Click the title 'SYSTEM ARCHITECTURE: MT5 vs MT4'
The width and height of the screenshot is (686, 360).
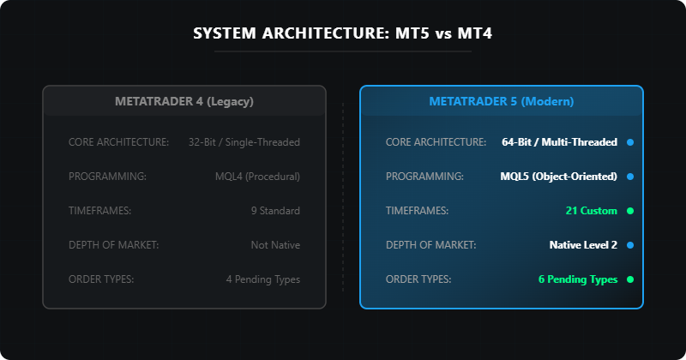pos(342,34)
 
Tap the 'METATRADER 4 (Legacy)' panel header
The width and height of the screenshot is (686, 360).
pos(184,101)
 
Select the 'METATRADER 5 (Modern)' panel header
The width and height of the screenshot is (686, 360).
pos(501,101)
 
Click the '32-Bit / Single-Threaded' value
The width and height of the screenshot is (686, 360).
pos(244,142)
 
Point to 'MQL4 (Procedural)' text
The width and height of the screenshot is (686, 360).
pos(257,177)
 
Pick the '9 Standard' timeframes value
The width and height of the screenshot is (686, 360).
pos(275,211)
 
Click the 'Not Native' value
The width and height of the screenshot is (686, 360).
pos(275,245)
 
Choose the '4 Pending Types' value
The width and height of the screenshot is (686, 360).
pos(263,279)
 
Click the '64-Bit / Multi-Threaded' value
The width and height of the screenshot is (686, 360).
pos(559,142)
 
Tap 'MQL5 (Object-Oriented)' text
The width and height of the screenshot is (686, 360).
pos(558,177)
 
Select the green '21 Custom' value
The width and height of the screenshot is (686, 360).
pos(592,211)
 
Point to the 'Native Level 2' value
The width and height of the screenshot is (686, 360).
pos(583,245)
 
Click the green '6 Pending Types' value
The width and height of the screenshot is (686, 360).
pos(578,279)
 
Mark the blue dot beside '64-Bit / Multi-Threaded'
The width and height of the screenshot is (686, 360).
pos(630,142)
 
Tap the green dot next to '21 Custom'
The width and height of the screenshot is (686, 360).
pos(630,211)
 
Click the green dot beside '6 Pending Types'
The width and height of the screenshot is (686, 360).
pos(630,279)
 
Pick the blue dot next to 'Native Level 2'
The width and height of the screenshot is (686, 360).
pos(630,245)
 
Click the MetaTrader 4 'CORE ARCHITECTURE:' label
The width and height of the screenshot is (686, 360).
pos(118,142)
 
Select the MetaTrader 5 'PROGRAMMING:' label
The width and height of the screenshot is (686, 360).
pos(424,177)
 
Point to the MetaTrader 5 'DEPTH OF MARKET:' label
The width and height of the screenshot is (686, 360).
pos(430,245)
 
